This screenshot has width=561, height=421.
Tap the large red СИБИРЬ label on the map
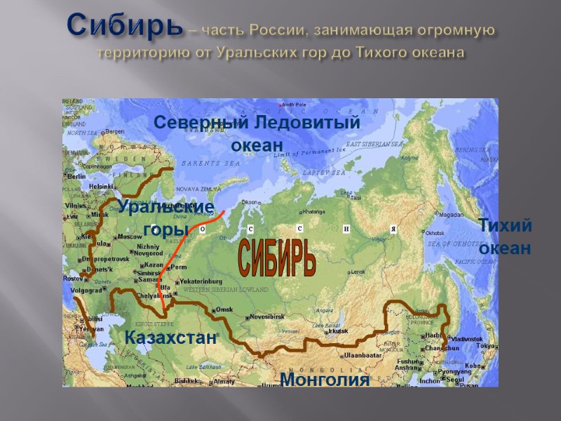click(278, 258)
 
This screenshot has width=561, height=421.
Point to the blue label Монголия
click(324, 380)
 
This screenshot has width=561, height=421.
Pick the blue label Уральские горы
click(165, 218)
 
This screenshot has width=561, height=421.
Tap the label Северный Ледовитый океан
click(257, 133)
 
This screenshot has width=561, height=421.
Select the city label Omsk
click(224, 309)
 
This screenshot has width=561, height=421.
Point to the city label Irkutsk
click(338, 330)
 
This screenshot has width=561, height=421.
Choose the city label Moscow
click(129, 236)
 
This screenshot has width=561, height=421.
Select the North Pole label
click(295, 105)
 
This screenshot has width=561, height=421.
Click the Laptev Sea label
click(324, 172)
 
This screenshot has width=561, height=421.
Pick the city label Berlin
click(77, 177)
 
